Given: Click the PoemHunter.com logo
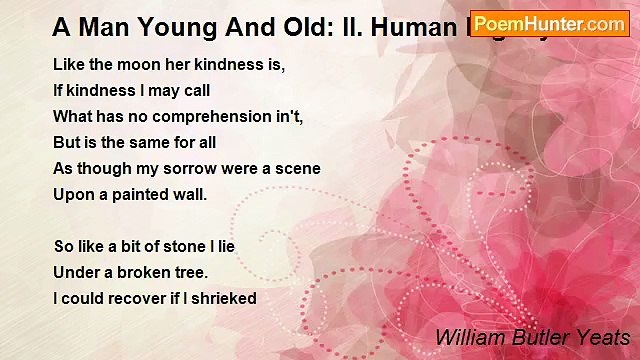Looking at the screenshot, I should click(x=549, y=23).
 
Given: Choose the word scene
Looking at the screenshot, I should click(x=297, y=168).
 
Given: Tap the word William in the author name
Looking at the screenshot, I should click(x=468, y=337).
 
